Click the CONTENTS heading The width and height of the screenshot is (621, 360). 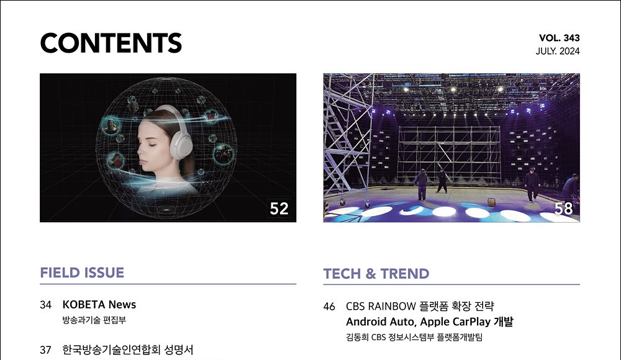[x=111, y=43]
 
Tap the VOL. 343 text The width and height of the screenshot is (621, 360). [x=560, y=38]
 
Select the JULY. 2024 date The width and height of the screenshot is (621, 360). [x=558, y=51]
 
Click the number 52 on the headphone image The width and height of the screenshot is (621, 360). [x=279, y=209]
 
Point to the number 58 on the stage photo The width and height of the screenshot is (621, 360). [x=563, y=209]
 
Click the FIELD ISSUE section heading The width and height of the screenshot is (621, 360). [x=82, y=272]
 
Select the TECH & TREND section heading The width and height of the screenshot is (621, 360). [x=376, y=274]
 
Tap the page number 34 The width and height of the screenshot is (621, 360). [x=45, y=305]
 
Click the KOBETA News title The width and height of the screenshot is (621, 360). [x=99, y=305]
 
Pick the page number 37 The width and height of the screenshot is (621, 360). [x=45, y=350]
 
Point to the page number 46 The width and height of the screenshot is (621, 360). [x=329, y=307]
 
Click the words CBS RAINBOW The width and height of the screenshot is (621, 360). [x=381, y=307]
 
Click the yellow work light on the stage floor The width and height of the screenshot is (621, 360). [x=491, y=202]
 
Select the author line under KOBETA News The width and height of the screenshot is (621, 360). [x=94, y=320]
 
